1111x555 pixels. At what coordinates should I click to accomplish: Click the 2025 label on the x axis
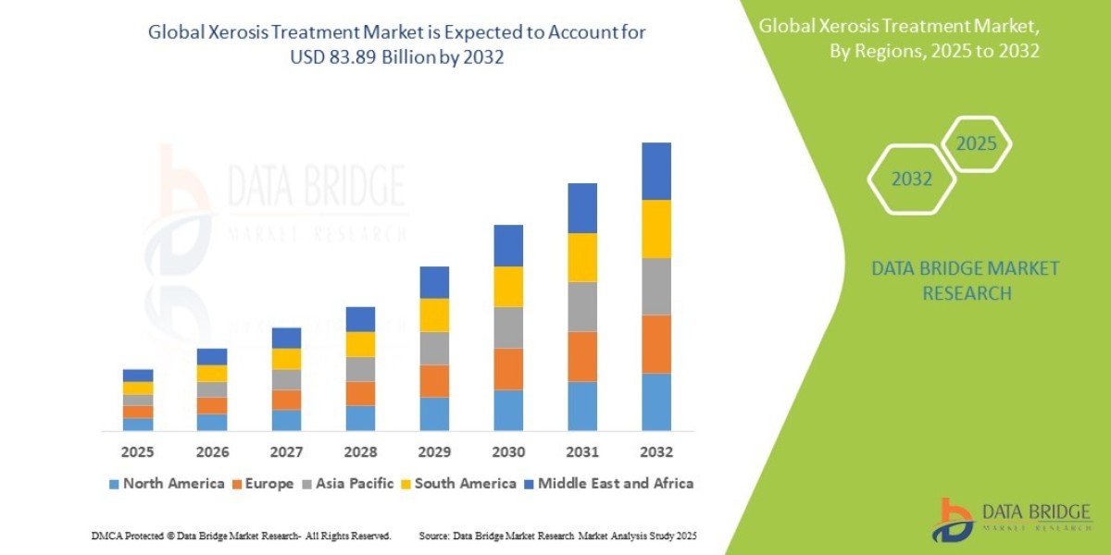pyautogui.click(x=138, y=452)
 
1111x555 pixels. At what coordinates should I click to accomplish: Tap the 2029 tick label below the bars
pyautogui.click(x=434, y=452)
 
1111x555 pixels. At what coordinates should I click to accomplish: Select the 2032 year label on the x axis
pyautogui.click(x=656, y=452)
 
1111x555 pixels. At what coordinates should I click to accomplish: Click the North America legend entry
pyautogui.click(x=167, y=483)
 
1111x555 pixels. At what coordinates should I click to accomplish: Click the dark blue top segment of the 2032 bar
pyautogui.click(x=656, y=171)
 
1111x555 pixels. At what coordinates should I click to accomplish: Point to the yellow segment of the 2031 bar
pyautogui.click(x=582, y=257)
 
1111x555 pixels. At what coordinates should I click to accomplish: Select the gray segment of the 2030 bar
pyautogui.click(x=508, y=327)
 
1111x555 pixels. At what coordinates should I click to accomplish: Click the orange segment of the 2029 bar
pyautogui.click(x=434, y=381)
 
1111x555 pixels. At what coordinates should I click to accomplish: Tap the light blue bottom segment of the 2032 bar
pyautogui.click(x=656, y=401)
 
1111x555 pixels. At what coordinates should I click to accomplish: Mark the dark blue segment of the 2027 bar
pyautogui.click(x=286, y=338)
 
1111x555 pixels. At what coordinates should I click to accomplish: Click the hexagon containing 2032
pyautogui.click(x=911, y=179)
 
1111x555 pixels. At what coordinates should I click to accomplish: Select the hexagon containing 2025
pyautogui.click(x=976, y=144)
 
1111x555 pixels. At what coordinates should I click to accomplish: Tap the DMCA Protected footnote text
pyautogui.click(x=241, y=536)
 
